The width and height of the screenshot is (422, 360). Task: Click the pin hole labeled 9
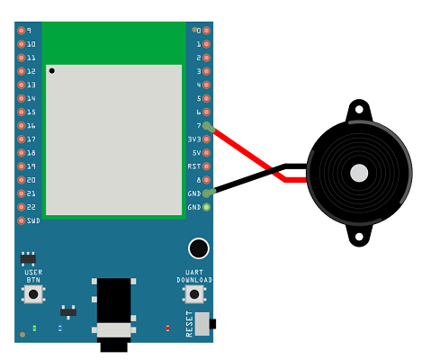click(21, 31)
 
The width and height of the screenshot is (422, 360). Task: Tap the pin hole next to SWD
click(21, 220)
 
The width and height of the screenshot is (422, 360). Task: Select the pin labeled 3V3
click(206, 139)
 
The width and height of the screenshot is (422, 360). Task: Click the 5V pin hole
click(206, 153)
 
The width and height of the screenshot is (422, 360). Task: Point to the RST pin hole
click(206, 166)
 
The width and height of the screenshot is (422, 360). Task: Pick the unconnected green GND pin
click(206, 207)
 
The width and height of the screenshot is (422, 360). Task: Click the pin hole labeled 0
click(206, 31)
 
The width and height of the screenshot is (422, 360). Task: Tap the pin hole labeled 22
click(21, 207)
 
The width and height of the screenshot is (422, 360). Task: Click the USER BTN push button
click(33, 294)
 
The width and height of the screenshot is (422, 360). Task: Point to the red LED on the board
click(167, 328)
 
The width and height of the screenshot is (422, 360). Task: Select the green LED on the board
click(34, 328)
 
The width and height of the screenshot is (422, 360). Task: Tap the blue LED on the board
click(60, 328)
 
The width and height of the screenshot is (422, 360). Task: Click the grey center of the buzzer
click(359, 173)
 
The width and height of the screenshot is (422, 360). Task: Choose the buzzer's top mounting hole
click(359, 110)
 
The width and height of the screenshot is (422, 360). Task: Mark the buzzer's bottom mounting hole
click(359, 237)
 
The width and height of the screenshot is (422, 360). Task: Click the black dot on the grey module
click(52, 71)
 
